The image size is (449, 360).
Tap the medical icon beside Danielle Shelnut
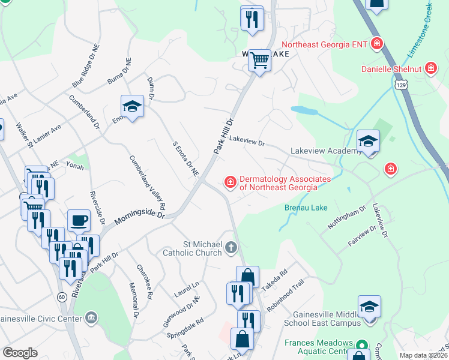[430, 68]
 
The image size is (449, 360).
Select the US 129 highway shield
[401, 86]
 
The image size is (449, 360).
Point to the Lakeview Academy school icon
[369, 142]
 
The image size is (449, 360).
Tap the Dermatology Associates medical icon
[229, 181]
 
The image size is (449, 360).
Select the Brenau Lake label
[307, 209]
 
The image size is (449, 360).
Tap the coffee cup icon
[79, 220]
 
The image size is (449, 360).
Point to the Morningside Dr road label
[139, 217]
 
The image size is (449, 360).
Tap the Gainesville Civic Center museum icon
[91, 317]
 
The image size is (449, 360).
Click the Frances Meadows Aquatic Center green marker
[361, 346]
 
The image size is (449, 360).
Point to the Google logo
[20, 353]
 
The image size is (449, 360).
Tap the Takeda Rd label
[279, 280]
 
